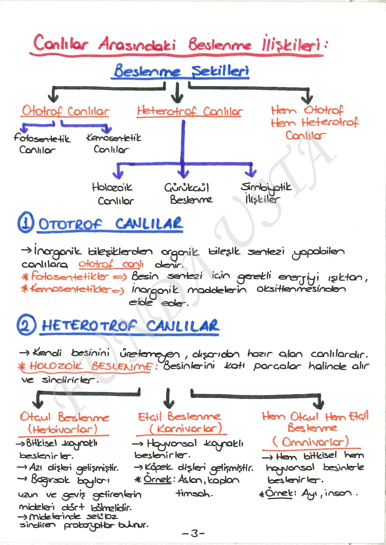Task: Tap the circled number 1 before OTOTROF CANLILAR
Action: [26, 223]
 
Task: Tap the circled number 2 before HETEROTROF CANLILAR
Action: [26, 325]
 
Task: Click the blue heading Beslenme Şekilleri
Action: [181, 71]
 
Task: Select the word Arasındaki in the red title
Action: [137, 44]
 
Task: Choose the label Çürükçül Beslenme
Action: [189, 193]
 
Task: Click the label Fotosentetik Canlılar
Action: [41, 143]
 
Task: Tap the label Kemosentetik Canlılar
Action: [113, 143]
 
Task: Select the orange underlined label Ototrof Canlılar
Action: [65, 111]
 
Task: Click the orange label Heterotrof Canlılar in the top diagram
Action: [190, 111]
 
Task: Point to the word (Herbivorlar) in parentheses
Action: [63, 429]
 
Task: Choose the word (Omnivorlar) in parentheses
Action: [311, 442]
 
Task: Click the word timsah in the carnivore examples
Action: [194, 494]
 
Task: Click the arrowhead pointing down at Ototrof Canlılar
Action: [53, 97]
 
